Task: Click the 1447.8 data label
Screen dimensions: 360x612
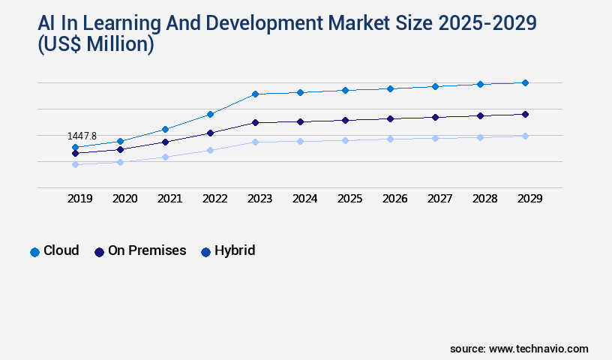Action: pyautogui.click(x=82, y=136)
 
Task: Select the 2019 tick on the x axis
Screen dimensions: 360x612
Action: pyautogui.click(x=80, y=199)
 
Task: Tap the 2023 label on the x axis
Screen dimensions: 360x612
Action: pyautogui.click(x=260, y=199)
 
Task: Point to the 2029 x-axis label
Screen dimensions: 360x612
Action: pyautogui.click(x=530, y=199)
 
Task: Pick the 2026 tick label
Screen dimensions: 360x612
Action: pyautogui.click(x=395, y=199)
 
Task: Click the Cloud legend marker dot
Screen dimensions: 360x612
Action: pyautogui.click(x=34, y=252)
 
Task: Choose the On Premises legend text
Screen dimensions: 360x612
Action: pyautogui.click(x=147, y=250)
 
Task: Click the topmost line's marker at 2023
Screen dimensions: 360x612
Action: pyautogui.click(x=255, y=94)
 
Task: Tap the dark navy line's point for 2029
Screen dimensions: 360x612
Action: pyautogui.click(x=525, y=114)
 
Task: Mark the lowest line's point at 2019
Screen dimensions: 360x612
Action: pyautogui.click(x=75, y=164)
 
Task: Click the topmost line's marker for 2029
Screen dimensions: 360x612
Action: pyautogui.click(x=525, y=82)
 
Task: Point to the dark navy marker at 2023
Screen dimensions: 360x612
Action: pyautogui.click(x=255, y=122)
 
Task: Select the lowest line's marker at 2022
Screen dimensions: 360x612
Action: pyautogui.click(x=210, y=150)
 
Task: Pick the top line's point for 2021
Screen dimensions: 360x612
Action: pyautogui.click(x=165, y=129)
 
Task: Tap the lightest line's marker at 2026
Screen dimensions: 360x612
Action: pyautogui.click(x=390, y=139)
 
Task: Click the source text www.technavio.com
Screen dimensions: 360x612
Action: pyautogui.click(x=538, y=349)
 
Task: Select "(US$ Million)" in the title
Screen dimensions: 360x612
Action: pyautogui.click(x=95, y=45)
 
